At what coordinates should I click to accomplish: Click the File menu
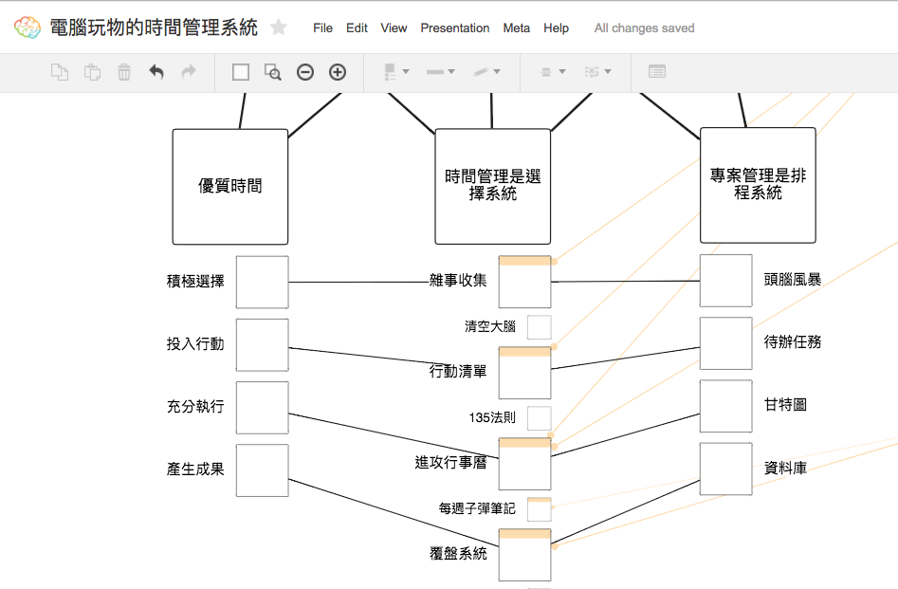322,28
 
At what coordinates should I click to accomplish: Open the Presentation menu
455,28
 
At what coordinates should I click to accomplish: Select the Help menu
556,28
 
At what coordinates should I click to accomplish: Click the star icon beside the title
279,28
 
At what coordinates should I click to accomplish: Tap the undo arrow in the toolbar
156,72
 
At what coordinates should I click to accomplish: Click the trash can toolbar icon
124,72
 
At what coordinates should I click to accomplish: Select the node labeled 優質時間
230,187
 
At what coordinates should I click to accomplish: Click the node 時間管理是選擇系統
493,187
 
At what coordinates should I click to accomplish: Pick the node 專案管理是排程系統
758,186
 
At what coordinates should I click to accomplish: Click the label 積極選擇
195,281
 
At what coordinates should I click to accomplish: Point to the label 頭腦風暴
793,280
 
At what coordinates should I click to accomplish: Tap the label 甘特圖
785,405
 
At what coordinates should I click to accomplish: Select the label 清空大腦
490,327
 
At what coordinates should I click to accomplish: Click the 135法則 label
492,417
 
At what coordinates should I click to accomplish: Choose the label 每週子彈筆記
477,509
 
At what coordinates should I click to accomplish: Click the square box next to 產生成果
262,470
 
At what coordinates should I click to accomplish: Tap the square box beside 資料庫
726,469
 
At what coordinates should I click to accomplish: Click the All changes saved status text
644,28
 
